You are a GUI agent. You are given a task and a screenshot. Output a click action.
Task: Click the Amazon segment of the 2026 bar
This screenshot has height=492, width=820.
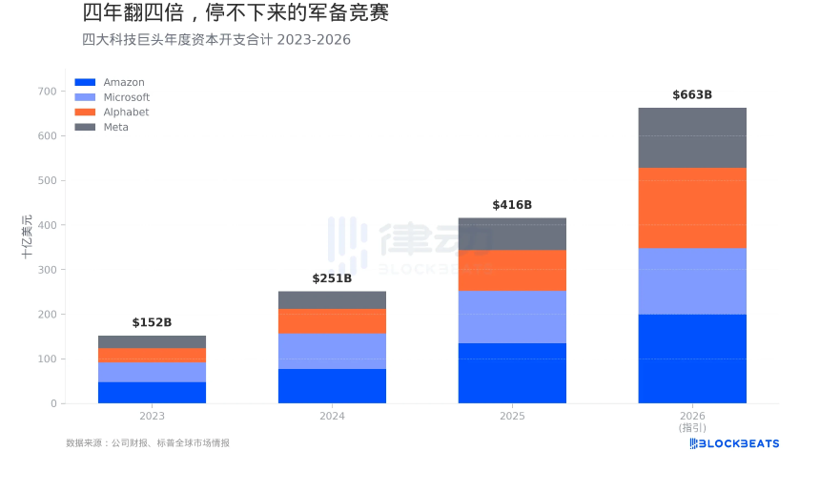(x=691, y=359)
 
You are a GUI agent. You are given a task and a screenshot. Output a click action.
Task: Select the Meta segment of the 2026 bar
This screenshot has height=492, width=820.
(x=691, y=137)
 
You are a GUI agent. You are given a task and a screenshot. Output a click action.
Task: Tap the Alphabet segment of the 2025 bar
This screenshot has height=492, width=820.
(x=512, y=270)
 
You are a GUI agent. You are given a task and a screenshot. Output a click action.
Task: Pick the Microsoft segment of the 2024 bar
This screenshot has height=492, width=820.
(x=332, y=351)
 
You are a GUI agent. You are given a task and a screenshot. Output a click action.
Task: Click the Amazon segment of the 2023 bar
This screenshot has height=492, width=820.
(x=152, y=392)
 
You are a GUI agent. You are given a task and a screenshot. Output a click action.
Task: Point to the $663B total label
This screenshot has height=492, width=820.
(x=691, y=94)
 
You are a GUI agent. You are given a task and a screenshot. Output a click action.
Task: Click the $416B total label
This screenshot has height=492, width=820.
(x=512, y=205)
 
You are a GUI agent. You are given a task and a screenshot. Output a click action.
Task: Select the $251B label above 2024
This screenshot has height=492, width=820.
(x=332, y=278)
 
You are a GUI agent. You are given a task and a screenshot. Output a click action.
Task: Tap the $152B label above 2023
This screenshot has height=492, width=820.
(x=152, y=322)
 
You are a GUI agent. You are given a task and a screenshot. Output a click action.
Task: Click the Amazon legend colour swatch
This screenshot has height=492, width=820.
(x=85, y=83)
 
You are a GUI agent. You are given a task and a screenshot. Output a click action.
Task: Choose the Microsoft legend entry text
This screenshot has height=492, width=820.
(x=126, y=97)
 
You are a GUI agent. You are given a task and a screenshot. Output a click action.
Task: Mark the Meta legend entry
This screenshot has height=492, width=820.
(x=115, y=128)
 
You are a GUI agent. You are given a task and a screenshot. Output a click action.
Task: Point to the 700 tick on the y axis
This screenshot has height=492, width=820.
(x=46, y=92)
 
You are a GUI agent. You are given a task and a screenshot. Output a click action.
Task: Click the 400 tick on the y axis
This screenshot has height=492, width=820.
(x=46, y=225)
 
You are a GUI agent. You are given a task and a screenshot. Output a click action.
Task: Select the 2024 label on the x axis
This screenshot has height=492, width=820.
(x=332, y=417)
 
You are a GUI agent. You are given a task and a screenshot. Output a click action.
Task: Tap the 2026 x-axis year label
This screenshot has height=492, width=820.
(x=691, y=417)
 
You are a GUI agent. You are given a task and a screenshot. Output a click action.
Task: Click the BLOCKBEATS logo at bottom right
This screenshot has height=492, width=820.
(x=734, y=443)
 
